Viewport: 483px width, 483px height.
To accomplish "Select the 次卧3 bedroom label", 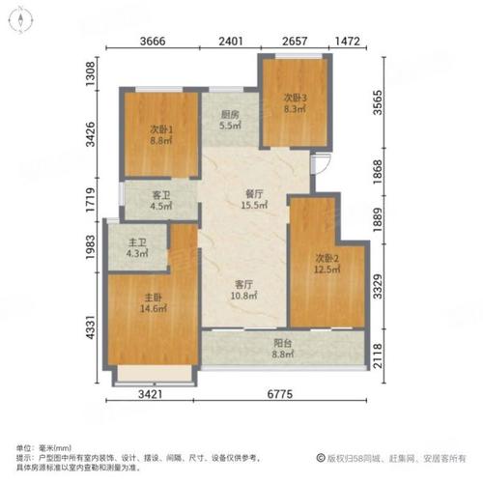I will tap(295, 98).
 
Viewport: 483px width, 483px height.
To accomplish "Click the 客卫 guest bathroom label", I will tap(160, 194).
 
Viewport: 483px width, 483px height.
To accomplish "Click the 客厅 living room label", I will tap(243, 284).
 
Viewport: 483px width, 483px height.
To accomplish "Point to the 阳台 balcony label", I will tap(283, 342).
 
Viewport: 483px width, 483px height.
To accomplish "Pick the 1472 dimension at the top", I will tap(348, 43).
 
